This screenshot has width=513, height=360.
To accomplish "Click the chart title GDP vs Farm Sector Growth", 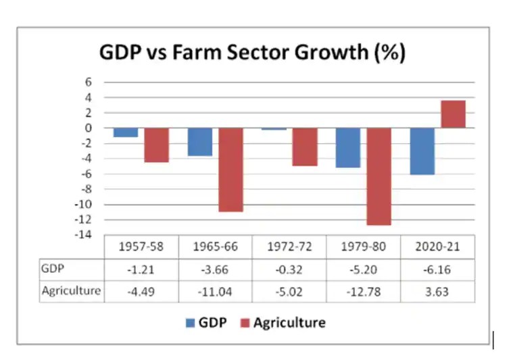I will tap(252, 53).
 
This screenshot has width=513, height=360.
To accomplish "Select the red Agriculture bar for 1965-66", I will tap(230, 170).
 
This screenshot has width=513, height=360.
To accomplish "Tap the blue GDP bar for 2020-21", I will tap(422, 151).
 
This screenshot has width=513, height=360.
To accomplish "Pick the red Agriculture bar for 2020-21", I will tap(453, 114).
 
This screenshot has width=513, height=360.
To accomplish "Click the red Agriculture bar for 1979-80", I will tap(378, 176).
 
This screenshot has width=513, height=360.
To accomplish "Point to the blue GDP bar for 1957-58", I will tap(126, 132).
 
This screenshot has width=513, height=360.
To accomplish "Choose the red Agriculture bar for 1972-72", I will tap(305, 147).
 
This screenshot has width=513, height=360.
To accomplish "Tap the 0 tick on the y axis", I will tap(89, 128).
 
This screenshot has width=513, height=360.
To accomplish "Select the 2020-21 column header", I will tap(437, 247).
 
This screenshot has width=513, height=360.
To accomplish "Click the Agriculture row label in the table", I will tap(71, 291).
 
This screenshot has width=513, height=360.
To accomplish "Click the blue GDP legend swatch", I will tap(189, 323).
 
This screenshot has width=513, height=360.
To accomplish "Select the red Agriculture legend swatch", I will tap(245, 323).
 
